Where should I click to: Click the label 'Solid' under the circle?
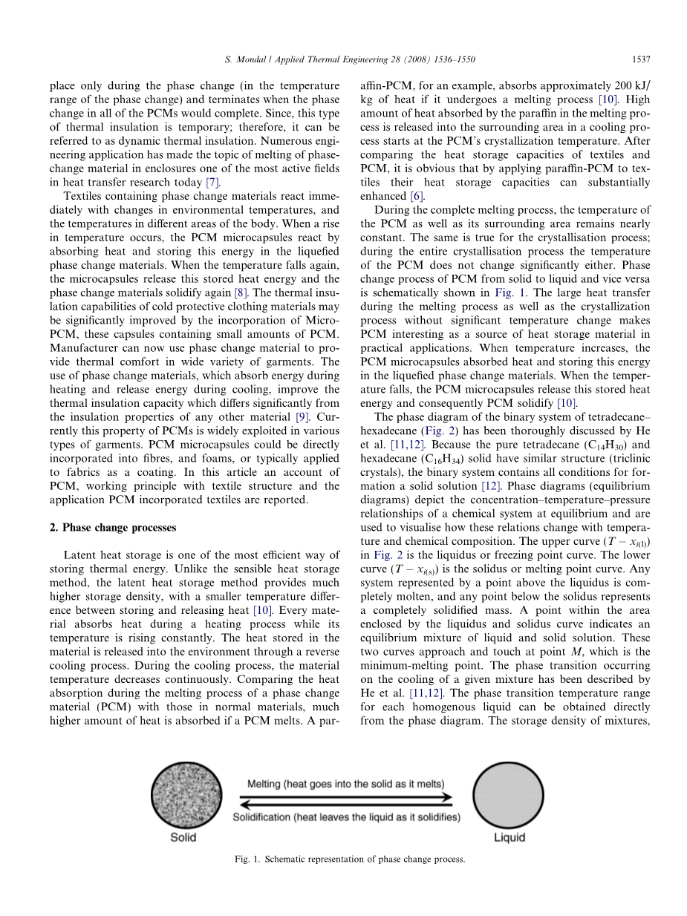183,838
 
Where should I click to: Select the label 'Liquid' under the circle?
509,838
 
